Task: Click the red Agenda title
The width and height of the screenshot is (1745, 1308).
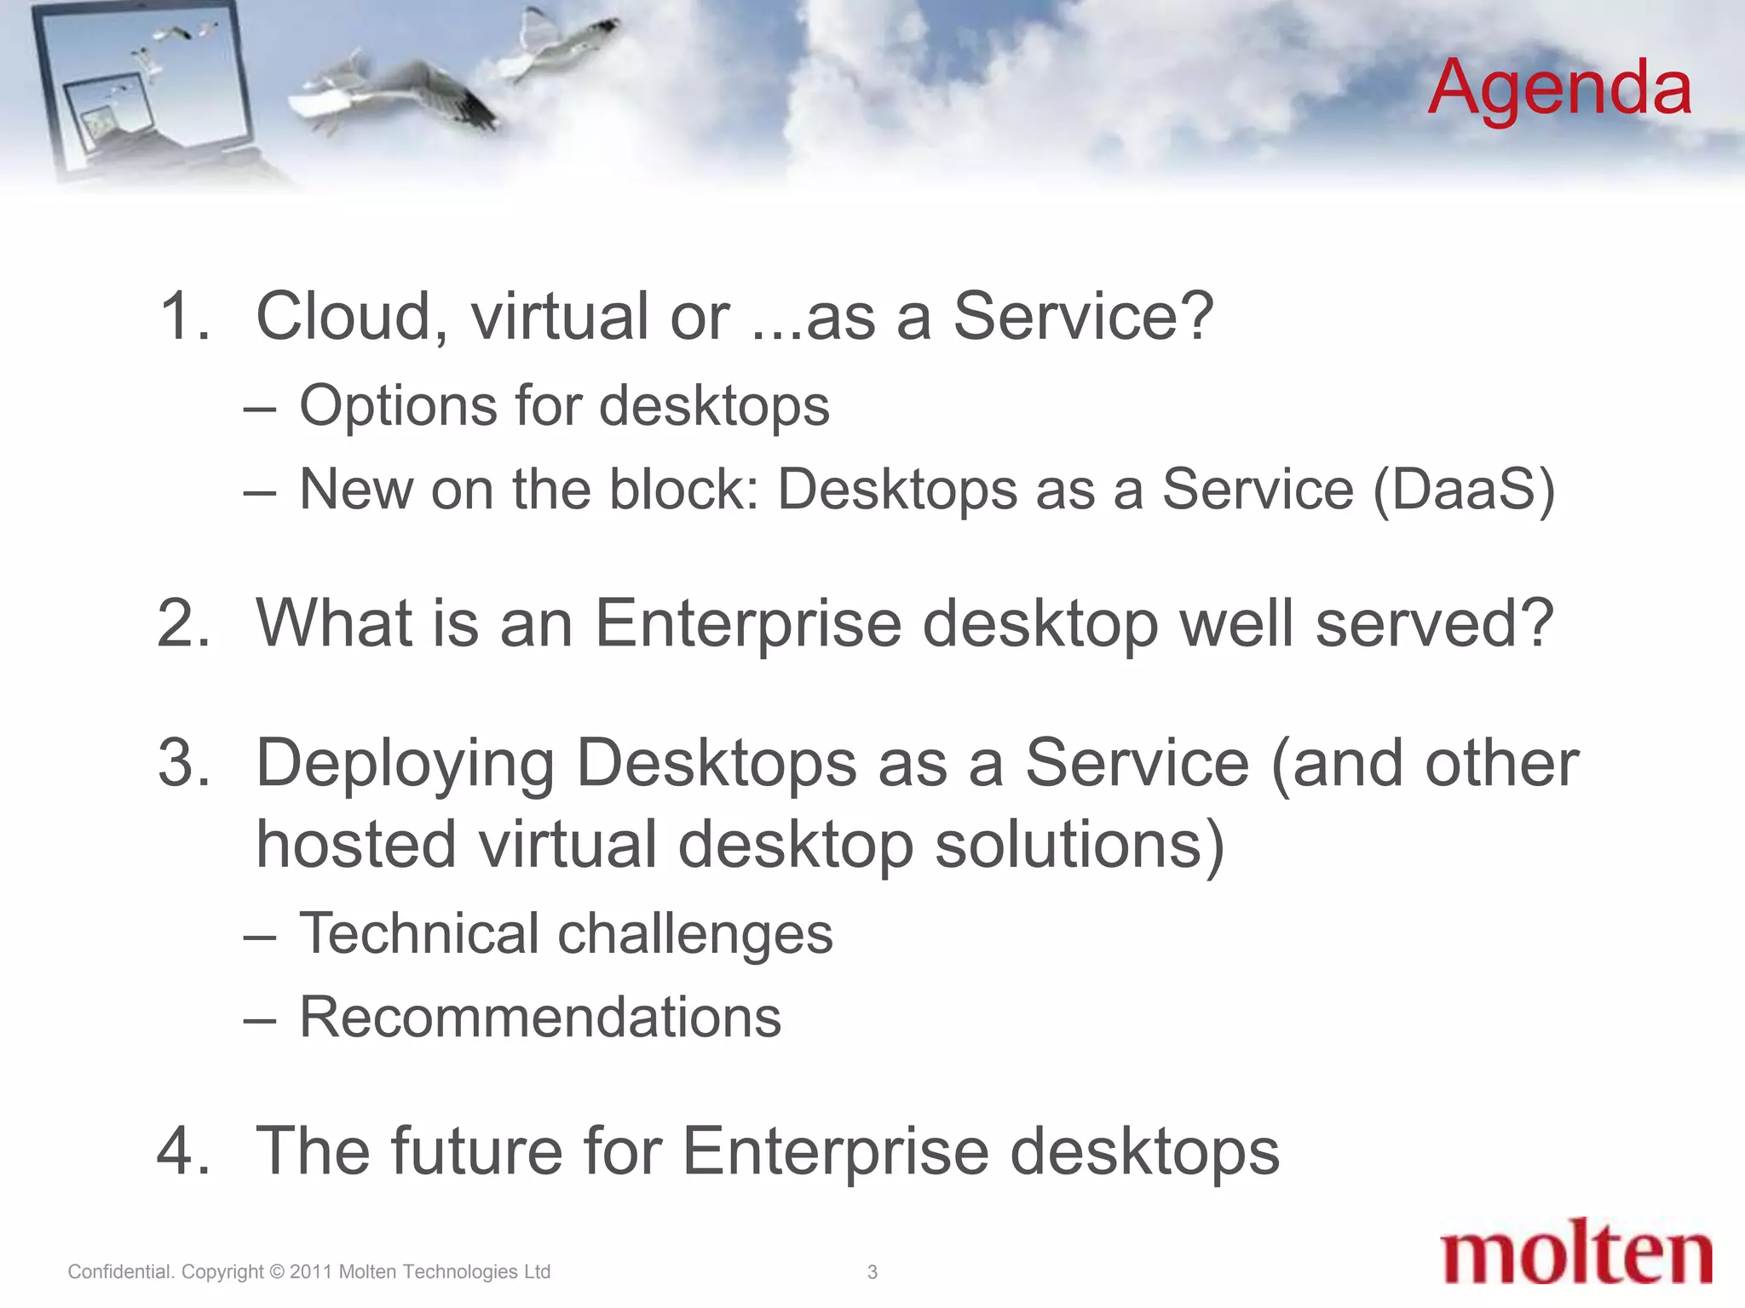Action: (x=1559, y=89)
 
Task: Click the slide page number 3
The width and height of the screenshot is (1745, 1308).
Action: (x=872, y=1272)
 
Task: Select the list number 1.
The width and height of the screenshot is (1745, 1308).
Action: (x=182, y=317)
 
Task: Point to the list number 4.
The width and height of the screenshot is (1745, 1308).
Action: (x=182, y=1151)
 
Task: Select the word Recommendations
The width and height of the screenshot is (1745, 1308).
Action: (x=540, y=1017)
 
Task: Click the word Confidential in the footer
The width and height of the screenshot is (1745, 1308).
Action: (x=120, y=1272)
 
